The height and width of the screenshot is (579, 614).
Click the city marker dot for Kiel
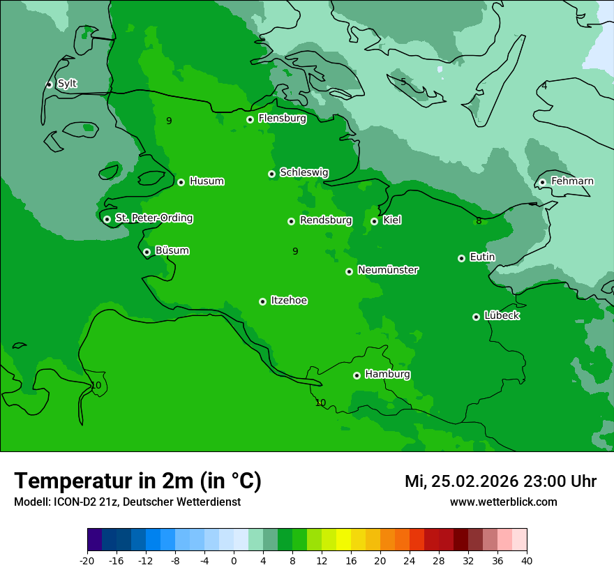click(374, 221)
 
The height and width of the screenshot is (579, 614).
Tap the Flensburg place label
click(282, 119)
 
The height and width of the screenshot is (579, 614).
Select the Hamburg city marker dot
click(357, 375)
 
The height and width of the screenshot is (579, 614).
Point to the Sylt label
click(67, 84)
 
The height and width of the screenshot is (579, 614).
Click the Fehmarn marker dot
click(542, 182)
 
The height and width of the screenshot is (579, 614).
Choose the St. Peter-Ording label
click(153, 218)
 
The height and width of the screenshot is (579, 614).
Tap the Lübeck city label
click(502, 316)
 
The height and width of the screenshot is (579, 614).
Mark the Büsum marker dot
click(147, 252)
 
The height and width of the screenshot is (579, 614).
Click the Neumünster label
click(388, 270)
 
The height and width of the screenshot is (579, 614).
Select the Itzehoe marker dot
click(262, 301)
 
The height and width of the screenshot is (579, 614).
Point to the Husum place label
click(207, 181)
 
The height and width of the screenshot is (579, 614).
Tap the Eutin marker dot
click(461, 258)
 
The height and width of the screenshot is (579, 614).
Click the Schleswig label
click(304, 172)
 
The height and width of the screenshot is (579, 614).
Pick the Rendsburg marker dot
click(291, 221)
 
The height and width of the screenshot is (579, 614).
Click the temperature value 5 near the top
click(403, 82)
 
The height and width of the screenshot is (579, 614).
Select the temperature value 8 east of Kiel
click(479, 221)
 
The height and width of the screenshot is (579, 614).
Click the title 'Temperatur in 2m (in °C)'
click(138, 481)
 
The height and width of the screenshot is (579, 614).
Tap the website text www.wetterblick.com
click(503, 502)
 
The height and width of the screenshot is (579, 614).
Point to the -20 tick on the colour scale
click(87, 561)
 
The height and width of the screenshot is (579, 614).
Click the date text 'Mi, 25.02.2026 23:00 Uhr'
click(500, 481)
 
